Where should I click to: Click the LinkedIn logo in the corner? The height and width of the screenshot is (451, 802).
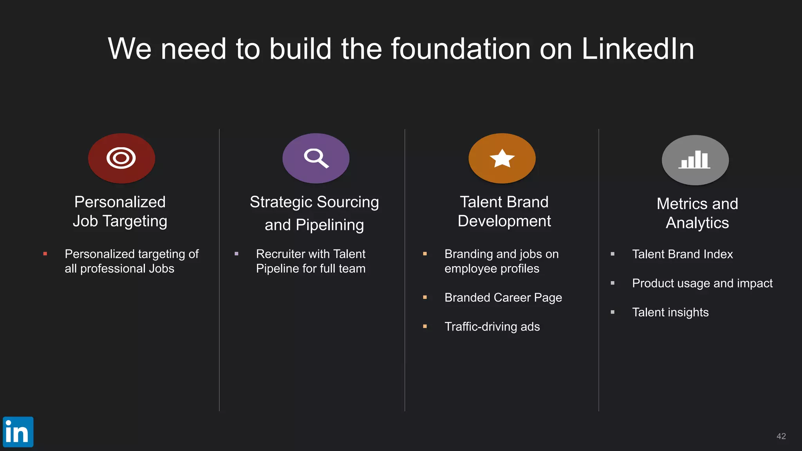point(18,432)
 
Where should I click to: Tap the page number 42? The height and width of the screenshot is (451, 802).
point(781,436)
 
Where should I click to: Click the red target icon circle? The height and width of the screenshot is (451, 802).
point(121,158)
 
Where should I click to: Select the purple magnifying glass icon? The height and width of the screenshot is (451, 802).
point(316,158)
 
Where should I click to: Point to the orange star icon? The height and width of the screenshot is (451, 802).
point(502,158)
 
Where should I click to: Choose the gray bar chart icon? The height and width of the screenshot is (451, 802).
point(695,160)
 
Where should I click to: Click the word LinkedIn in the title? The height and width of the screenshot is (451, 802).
point(638,49)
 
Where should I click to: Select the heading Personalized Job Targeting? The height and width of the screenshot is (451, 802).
point(120,211)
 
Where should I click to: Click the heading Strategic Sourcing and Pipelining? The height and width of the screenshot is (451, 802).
point(314,213)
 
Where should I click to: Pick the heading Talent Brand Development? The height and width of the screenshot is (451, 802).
point(504,211)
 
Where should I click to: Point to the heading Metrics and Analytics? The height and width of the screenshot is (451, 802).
point(697,213)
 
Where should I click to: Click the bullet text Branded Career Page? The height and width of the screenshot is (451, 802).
point(503,298)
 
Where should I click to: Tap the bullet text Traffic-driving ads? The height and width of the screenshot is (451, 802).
point(492,327)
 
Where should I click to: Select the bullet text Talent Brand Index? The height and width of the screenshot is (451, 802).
point(682,254)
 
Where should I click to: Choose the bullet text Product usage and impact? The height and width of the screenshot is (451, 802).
point(702,283)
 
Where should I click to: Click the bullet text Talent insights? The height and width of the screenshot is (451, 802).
point(670,312)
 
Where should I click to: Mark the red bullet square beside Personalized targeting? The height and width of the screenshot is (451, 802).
point(45,254)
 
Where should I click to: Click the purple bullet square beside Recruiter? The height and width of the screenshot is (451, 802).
point(237,254)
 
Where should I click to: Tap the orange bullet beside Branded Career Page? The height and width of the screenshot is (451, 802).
point(425,298)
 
